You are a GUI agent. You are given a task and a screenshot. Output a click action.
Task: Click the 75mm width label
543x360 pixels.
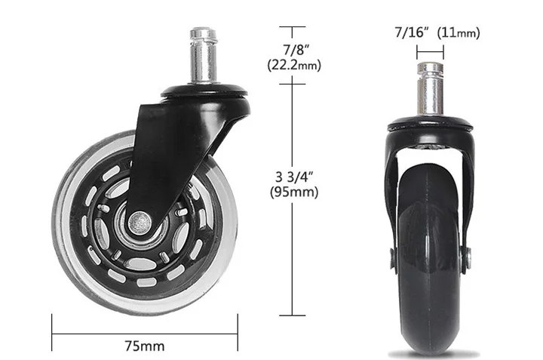pos(143,346)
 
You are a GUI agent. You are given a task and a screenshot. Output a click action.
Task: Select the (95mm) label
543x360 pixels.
pos(293,192)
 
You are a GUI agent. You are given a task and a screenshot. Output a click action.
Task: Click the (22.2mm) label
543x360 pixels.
pos(293,65)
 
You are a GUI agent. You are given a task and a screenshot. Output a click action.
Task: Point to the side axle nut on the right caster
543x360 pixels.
pos(469,259)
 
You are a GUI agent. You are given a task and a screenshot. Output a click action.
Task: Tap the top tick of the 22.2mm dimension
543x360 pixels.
pos(293,26)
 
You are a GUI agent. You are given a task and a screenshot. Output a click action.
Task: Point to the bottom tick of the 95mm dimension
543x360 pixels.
pos(293,315)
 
